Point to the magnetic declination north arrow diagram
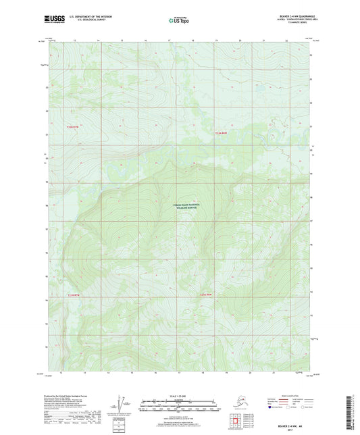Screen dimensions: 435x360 (124, 403)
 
